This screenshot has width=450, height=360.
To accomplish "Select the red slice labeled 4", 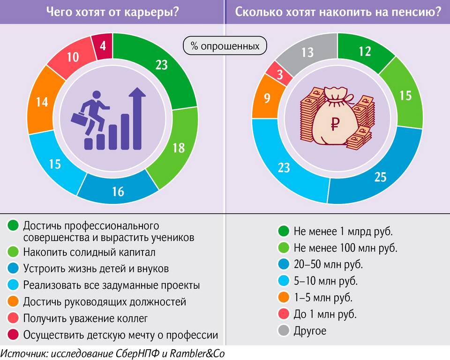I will click(x=103, y=47).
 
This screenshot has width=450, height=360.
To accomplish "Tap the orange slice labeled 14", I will click(x=43, y=101).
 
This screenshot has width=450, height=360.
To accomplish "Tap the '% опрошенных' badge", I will click(x=225, y=46).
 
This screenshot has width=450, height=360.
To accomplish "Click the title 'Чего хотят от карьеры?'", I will click(x=112, y=12).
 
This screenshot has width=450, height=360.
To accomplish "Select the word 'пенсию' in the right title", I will click(x=417, y=12).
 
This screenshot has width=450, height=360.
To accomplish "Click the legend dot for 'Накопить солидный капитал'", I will click(x=13, y=252).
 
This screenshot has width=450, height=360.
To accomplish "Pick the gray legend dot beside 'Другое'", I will click(x=284, y=330).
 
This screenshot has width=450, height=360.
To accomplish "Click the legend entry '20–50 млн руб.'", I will click(x=328, y=264).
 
